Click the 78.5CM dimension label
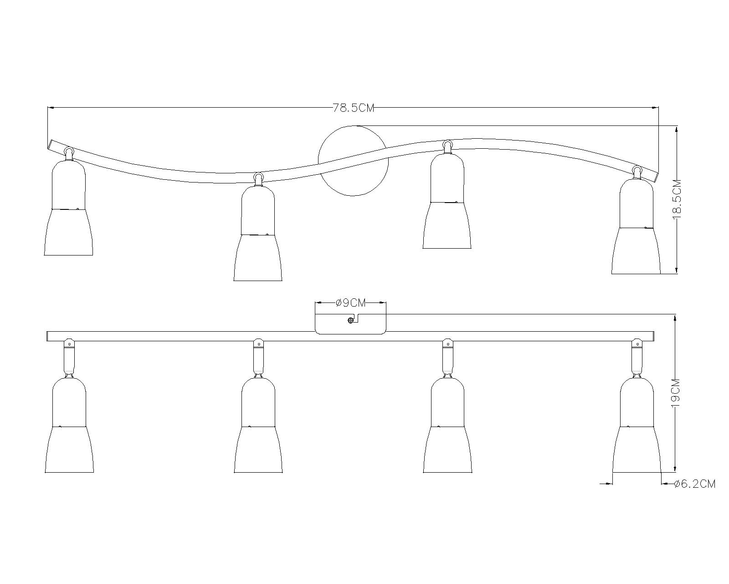(353, 108)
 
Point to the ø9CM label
(351, 302)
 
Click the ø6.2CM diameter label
(695, 484)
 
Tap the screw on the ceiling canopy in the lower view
(350, 320)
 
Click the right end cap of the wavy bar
(654, 177)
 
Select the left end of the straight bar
(49, 336)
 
